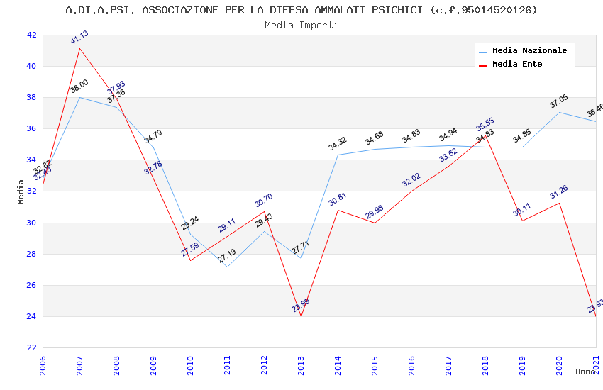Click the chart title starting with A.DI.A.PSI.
coord(301,10)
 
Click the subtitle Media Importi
coord(301,25)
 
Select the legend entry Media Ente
coord(517,64)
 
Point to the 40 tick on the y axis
coord(31,67)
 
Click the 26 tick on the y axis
coord(31,285)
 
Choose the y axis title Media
coord(21,191)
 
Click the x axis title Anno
coord(585,372)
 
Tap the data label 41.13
coord(80,38)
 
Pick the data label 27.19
coord(227,256)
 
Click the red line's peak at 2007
coord(79,48)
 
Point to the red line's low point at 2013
coord(301,316)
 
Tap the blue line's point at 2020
coord(559,112)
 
